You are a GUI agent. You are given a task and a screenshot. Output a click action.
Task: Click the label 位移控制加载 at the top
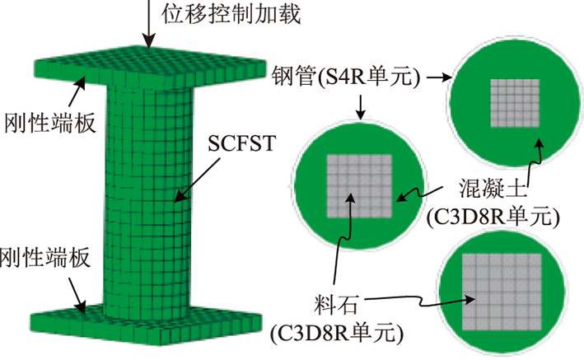216,14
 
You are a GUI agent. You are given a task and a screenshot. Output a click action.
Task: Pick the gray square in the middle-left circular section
360,188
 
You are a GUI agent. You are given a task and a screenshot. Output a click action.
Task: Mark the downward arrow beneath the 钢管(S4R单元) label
360,107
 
